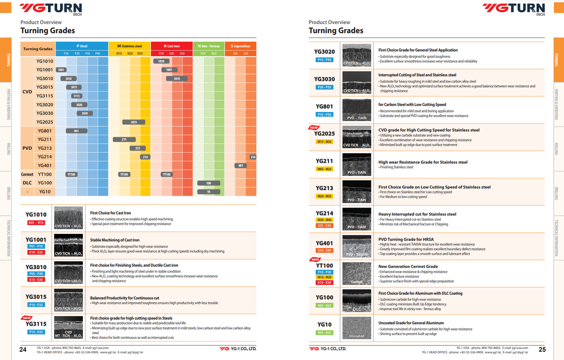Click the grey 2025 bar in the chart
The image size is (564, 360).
point(134,122)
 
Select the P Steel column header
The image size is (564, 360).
point(82,46)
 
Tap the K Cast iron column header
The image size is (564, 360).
point(171,46)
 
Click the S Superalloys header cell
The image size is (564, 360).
point(240,46)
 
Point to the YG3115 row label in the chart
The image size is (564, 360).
point(45,96)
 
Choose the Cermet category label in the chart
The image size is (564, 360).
point(27,174)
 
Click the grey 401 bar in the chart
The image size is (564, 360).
point(240,166)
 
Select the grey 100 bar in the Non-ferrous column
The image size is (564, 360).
point(208,183)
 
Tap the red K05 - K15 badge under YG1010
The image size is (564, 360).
point(36,223)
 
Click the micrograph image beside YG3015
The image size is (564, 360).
point(68,300)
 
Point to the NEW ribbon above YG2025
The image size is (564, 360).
point(314,128)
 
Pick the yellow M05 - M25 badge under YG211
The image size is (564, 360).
point(324,169)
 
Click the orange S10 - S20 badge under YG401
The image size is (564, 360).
point(324,250)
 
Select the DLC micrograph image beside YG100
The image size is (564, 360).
point(356,301)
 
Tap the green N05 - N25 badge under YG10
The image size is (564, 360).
point(324,333)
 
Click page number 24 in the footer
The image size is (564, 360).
point(23,349)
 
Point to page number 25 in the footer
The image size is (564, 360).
point(542,349)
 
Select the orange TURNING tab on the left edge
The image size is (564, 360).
point(8,59)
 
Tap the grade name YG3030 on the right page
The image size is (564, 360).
point(324,79)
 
